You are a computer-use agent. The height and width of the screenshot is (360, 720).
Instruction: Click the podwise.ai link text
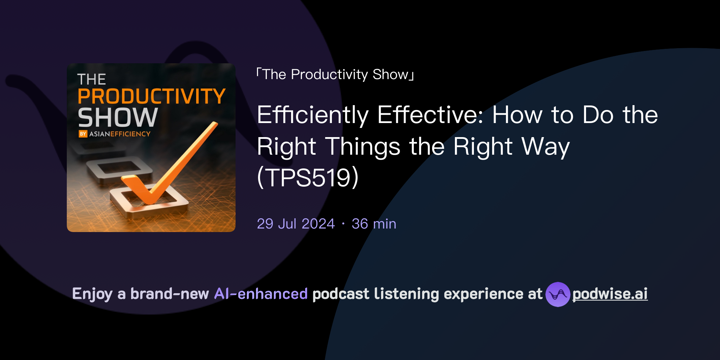coord(610,294)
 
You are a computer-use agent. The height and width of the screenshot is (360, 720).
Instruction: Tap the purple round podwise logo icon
coord(558,294)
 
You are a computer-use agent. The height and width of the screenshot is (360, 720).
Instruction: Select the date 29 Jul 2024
coord(296,224)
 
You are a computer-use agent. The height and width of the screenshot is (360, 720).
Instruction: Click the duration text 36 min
coord(374,224)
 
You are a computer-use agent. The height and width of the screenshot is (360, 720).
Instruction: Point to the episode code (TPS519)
coord(308,177)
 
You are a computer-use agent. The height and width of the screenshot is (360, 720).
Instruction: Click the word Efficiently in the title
coord(313,115)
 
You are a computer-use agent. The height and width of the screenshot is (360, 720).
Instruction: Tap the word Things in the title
coord(362,146)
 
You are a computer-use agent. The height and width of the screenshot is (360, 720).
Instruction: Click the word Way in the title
coord(545,146)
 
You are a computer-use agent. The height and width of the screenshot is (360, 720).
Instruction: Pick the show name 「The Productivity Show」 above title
coord(335,75)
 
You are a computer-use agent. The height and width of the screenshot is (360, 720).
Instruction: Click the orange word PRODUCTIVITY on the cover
coord(152,96)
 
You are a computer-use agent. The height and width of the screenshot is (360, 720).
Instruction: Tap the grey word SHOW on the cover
coord(118,118)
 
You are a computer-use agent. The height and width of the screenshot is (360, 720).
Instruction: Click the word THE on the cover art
coord(91,79)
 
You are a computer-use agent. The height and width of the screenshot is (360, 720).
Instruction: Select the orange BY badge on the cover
coord(83,134)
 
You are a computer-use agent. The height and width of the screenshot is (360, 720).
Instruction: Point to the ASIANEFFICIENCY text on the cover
coord(120,134)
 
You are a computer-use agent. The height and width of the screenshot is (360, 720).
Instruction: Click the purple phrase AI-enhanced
coord(261,294)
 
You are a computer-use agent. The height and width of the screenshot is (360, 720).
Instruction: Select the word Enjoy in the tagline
coord(92,294)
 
